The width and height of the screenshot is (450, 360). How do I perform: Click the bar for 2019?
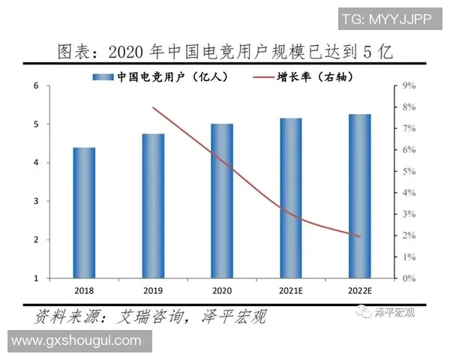(x=153, y=205)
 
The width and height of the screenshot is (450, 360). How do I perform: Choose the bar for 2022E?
(x=360, y=196)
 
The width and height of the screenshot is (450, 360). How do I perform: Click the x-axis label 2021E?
(x=291, y=290)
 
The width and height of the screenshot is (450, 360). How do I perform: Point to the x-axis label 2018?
(x=84, y=290)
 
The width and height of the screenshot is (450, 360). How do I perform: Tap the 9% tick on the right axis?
(x=409, y=86)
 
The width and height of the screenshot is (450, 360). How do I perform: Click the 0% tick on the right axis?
(x=409, y=278)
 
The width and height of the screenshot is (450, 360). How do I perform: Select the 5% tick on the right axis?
(x=409, y=172)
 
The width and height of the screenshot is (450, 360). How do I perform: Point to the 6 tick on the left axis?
(x=37, y=86)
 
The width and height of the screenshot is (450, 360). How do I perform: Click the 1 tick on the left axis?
(x=37, y=278)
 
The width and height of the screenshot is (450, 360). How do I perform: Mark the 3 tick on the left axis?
(x=37, y=201)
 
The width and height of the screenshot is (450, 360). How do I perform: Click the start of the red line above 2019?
(x=153, y=107)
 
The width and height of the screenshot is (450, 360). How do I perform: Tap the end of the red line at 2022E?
(x=360, y=237)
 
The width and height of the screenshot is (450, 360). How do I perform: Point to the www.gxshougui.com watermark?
(x=76, y=341)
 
